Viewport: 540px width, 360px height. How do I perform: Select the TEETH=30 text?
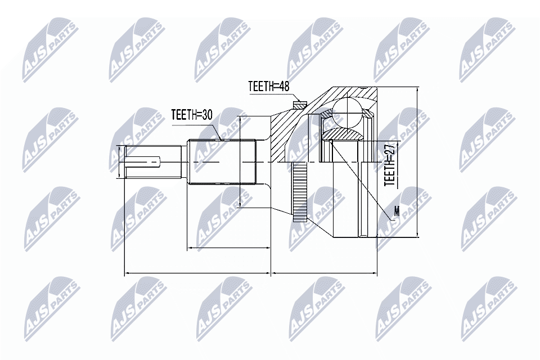click(192, 115)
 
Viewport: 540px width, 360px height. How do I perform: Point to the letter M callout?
click(397, 212)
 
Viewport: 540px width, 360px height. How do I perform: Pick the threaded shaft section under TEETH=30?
click(222, 163)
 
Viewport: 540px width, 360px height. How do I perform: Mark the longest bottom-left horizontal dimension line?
click(197, 273)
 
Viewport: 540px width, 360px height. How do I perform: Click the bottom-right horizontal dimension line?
click(324, 273)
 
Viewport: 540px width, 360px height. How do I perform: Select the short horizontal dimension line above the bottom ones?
click(228, 247)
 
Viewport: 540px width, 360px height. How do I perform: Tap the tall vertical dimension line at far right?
click(417, 163)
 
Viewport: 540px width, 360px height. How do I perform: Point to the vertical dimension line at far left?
click(119, 163)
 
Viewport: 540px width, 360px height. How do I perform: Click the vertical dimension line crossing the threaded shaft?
click(241, 163)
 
